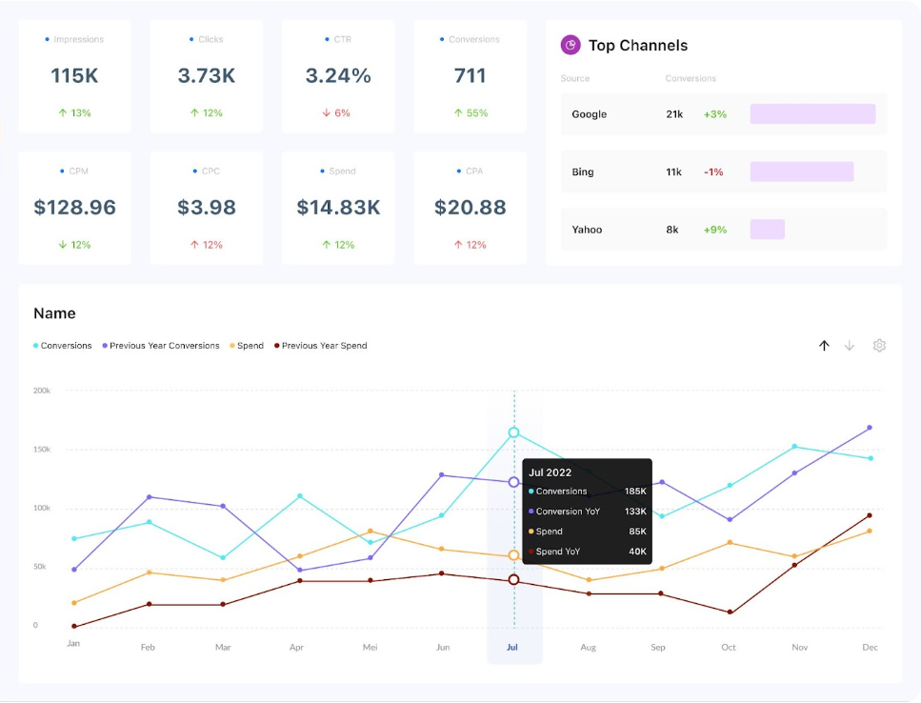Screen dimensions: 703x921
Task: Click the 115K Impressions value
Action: tap(75, 75)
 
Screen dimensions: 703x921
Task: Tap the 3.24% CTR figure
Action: tap(338, 75)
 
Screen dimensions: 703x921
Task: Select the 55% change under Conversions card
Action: tap(471, 113)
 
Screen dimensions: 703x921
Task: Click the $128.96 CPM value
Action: tap(75, 207)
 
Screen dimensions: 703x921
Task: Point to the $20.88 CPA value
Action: tap(470, 207)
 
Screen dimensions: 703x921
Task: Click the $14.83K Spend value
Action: tap(338, 207)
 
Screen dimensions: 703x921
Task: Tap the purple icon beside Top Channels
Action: tap(571, 45)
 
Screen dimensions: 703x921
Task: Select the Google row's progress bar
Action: tap(812, 114)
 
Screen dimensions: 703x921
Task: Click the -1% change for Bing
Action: tap(713, 172)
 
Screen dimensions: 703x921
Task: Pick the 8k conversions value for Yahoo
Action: tap(672, 230)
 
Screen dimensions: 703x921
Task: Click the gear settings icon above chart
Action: tap(879, 346)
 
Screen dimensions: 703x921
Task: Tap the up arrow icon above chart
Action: tap(824, 346)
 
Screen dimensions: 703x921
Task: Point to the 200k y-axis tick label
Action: tap(41, 391)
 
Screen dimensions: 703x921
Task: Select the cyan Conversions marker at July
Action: tap(514, 432)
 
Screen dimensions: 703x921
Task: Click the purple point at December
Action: tap(869, 428)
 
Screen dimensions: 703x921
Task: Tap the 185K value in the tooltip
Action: tap(635, 492)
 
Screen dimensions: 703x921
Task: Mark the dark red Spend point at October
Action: tap(729, 613)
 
